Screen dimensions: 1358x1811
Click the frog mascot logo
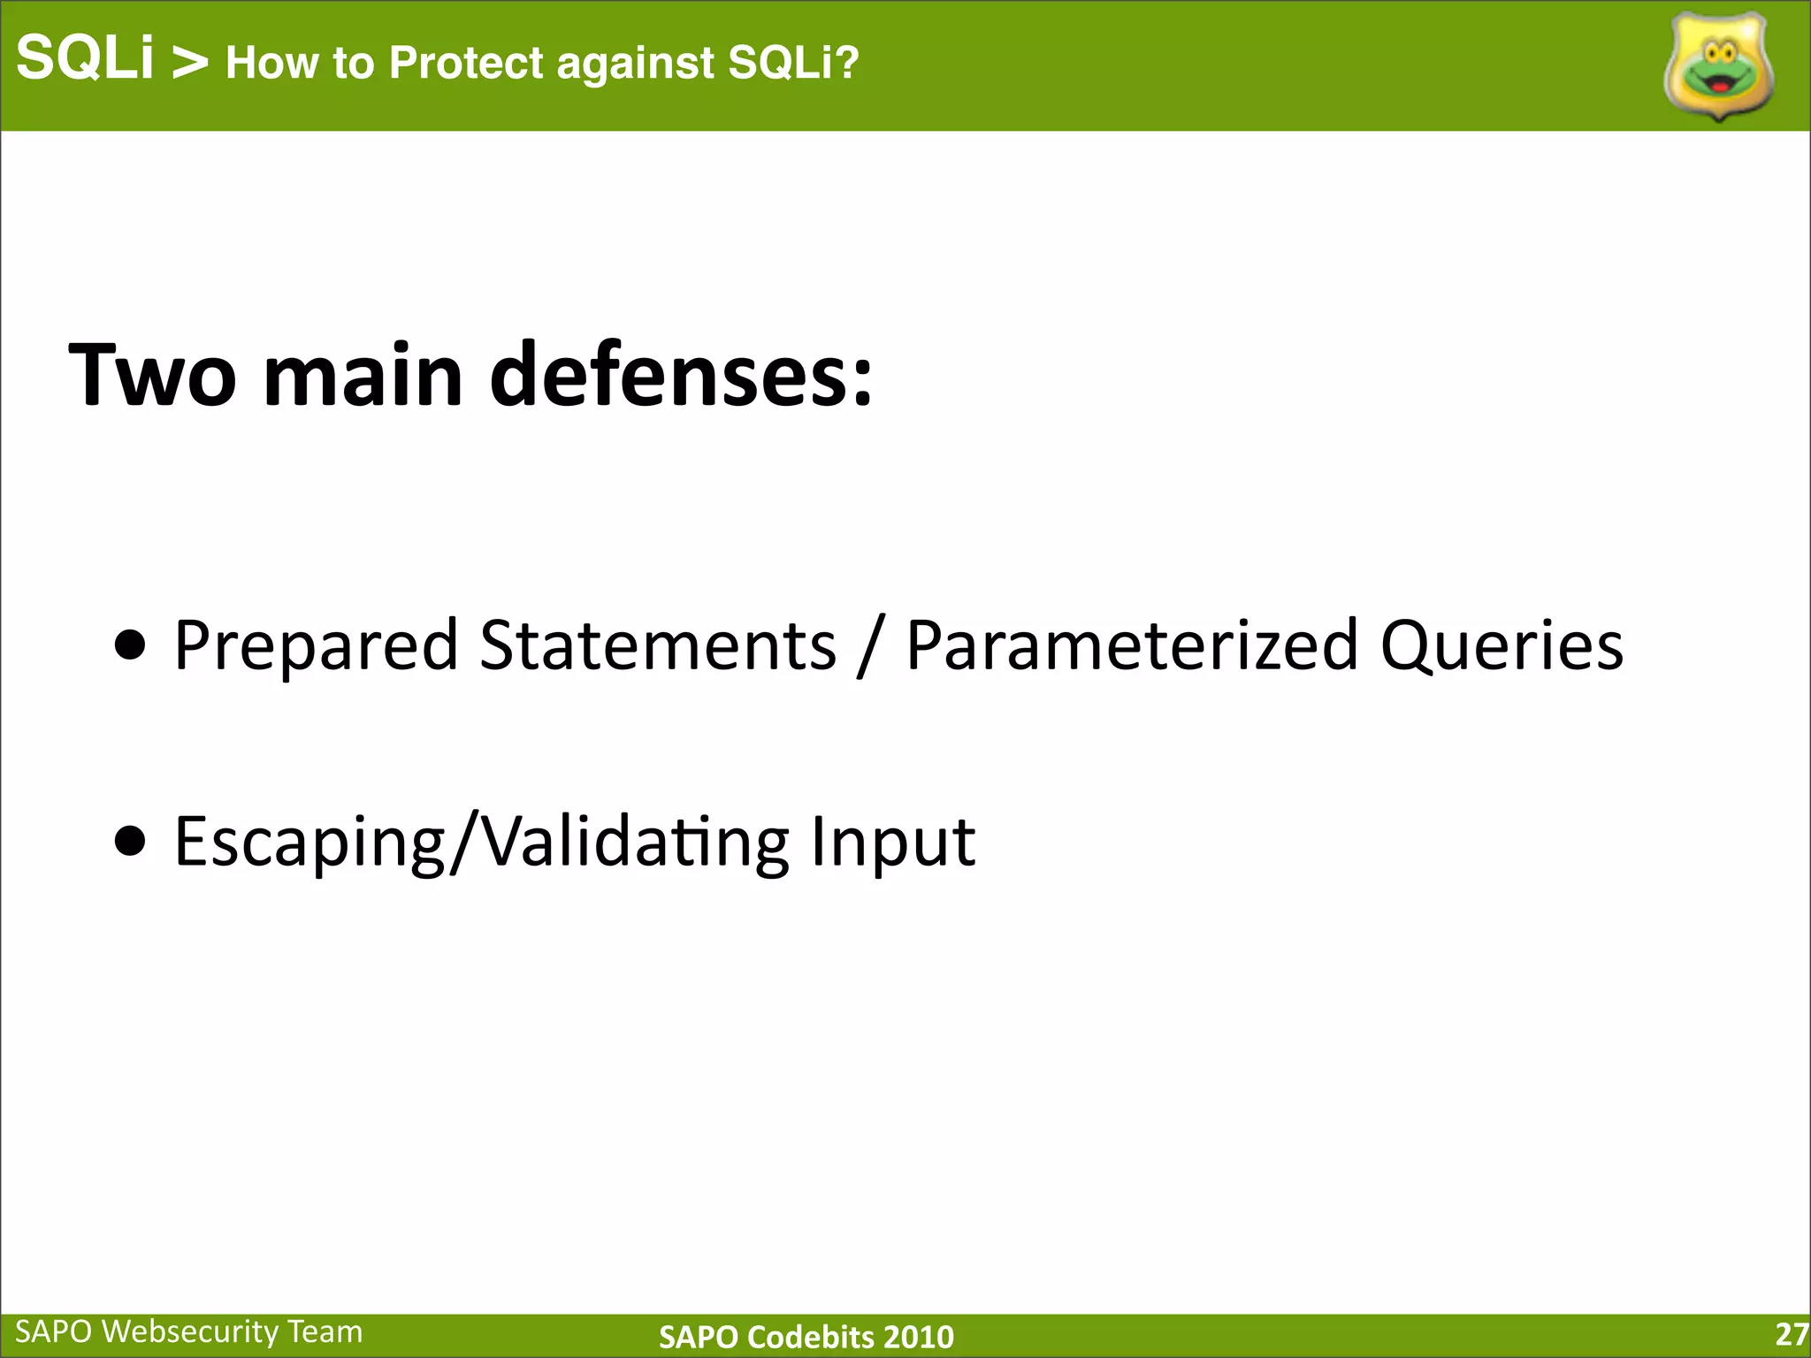click(1718, 67)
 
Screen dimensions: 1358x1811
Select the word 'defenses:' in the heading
click(681, 376)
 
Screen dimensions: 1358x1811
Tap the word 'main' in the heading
click(363, 376)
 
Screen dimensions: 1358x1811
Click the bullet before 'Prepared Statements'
click(131, 646)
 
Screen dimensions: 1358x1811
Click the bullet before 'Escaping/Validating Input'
click(131, 842)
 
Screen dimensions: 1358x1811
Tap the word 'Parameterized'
click(1132, 646)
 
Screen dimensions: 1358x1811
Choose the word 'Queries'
click(1502, 646)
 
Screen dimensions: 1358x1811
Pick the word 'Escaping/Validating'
click(482, 842)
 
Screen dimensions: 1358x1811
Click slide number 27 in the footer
click(1791, 1333)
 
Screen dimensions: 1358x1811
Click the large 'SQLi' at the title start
click(85, 58)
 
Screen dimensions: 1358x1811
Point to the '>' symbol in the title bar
click(189, 62)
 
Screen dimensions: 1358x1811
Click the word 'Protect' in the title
click(466, 63)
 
